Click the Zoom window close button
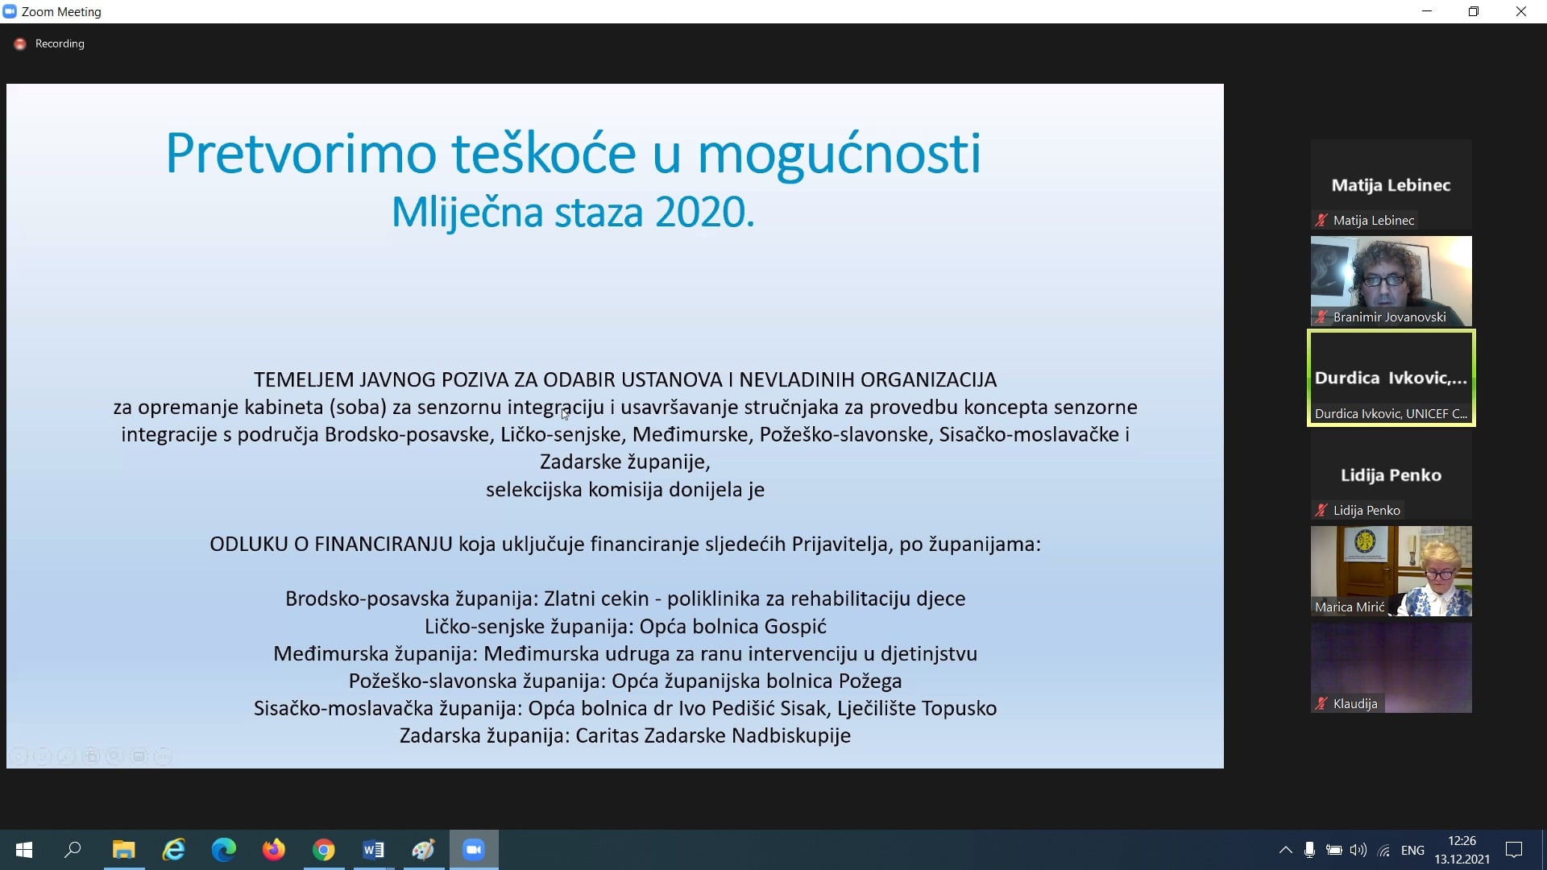pos(1521,11)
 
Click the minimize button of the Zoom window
pos(1427,11)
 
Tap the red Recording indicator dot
pos(20,43)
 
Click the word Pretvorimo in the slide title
pos(301,153)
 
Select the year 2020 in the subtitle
pos(704,213)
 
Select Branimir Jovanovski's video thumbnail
pos(1391,281)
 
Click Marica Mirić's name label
pos(1350,607)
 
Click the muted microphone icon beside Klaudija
pos(1321,703)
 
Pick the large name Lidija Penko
pos(1391,475)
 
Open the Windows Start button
pos(24,850)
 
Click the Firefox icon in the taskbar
pos(274,850)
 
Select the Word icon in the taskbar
pos(373,850)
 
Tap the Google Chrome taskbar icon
pos(324,850)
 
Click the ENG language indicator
pos(1412,850)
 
